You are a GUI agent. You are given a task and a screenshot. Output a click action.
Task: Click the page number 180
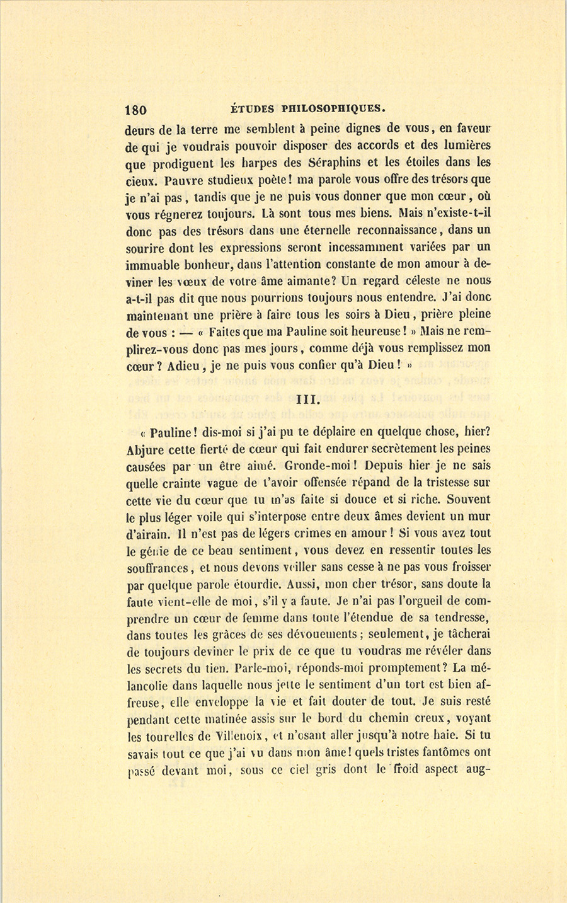pyautogui.click(x=136, y=109)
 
